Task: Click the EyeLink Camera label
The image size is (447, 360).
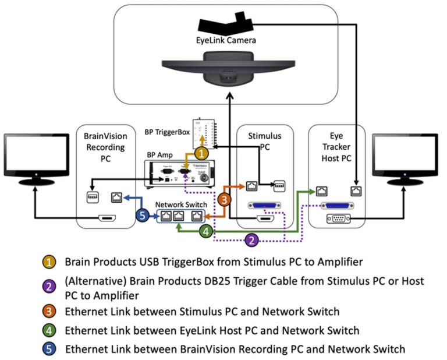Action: [225, 41]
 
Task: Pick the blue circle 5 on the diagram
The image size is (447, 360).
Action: [144, 215]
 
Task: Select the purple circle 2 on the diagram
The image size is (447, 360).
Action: [251, 239]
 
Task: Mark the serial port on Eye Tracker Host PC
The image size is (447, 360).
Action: [337, 219]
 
